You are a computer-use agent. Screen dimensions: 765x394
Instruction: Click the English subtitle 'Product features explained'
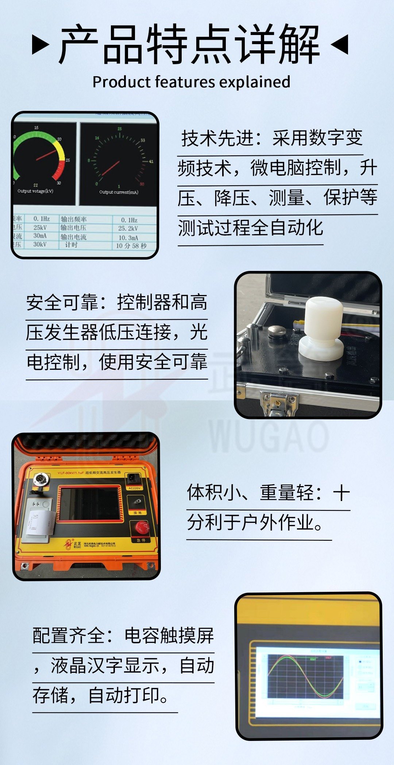(x=191, y=82)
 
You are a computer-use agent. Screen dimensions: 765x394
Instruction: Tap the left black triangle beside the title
(x=40, y=44)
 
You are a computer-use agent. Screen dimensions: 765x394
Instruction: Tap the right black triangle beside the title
(x=340, y=44)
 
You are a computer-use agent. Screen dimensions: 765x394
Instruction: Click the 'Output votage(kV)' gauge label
(x=35, y=191)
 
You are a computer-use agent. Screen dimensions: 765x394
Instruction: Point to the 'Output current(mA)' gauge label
(x=119, y=192)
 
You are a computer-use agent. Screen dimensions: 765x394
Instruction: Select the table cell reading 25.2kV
(x=128, y=229)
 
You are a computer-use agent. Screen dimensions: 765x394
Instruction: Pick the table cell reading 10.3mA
(x=128, y=237)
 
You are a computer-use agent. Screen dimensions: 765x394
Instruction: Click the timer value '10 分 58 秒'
(x=131, y=246)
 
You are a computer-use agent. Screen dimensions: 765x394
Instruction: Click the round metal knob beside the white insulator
(x=277, y=332)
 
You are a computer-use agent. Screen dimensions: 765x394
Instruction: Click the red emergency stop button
(x=142, y=527)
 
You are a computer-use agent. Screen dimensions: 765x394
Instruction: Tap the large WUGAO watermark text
(x=268, y=436)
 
